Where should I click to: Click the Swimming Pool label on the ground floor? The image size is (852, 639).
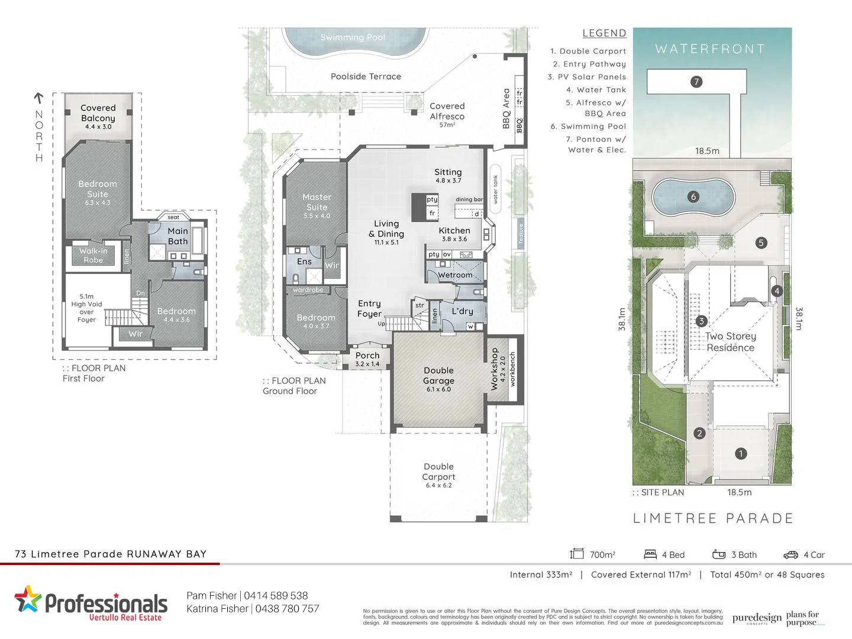(353, 37)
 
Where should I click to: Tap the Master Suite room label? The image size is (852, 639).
(317, 202)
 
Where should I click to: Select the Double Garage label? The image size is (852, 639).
(438, 376)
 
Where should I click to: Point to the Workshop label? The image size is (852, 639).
(495, 369)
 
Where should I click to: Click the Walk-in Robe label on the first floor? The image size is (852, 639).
(93, 256)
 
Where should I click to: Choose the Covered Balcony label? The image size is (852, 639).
(98, 113)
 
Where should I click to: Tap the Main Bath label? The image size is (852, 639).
(177, 236)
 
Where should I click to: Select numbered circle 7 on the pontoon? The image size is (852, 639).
(696, 82)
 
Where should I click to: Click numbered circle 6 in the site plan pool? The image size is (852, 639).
(693, 197)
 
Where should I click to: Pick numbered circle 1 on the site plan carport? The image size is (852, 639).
(741, 454)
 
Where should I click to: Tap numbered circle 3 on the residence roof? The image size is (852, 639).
(701, 321)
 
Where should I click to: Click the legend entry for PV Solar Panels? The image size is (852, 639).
(587, 77)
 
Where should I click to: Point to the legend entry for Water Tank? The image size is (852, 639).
(596, 90)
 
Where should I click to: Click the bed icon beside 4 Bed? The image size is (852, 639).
(650, 554)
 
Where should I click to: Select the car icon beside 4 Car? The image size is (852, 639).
(790, 555)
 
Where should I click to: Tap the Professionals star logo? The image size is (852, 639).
(28, 599)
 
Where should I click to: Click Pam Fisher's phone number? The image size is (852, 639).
(276, 596)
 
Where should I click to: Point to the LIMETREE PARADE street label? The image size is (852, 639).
(713, 518)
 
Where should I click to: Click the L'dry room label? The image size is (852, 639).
(462, 311)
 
